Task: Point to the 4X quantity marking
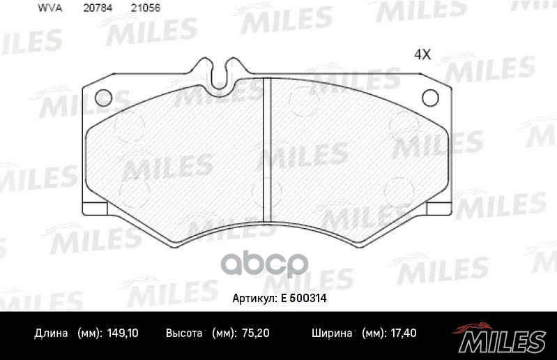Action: (422, 54)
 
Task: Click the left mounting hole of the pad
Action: (103, 97)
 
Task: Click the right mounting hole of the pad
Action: (430, 97)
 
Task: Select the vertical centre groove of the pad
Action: (267, 150)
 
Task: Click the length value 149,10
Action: (123, 333)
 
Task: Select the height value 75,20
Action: (258, 333)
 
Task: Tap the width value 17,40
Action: (402, 333)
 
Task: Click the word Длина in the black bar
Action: (52, 333)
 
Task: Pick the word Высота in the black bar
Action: (184, 333)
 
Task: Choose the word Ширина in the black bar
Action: (330, 333)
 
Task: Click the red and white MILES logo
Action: (501, 338)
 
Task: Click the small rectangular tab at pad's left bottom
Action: (93, 208)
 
